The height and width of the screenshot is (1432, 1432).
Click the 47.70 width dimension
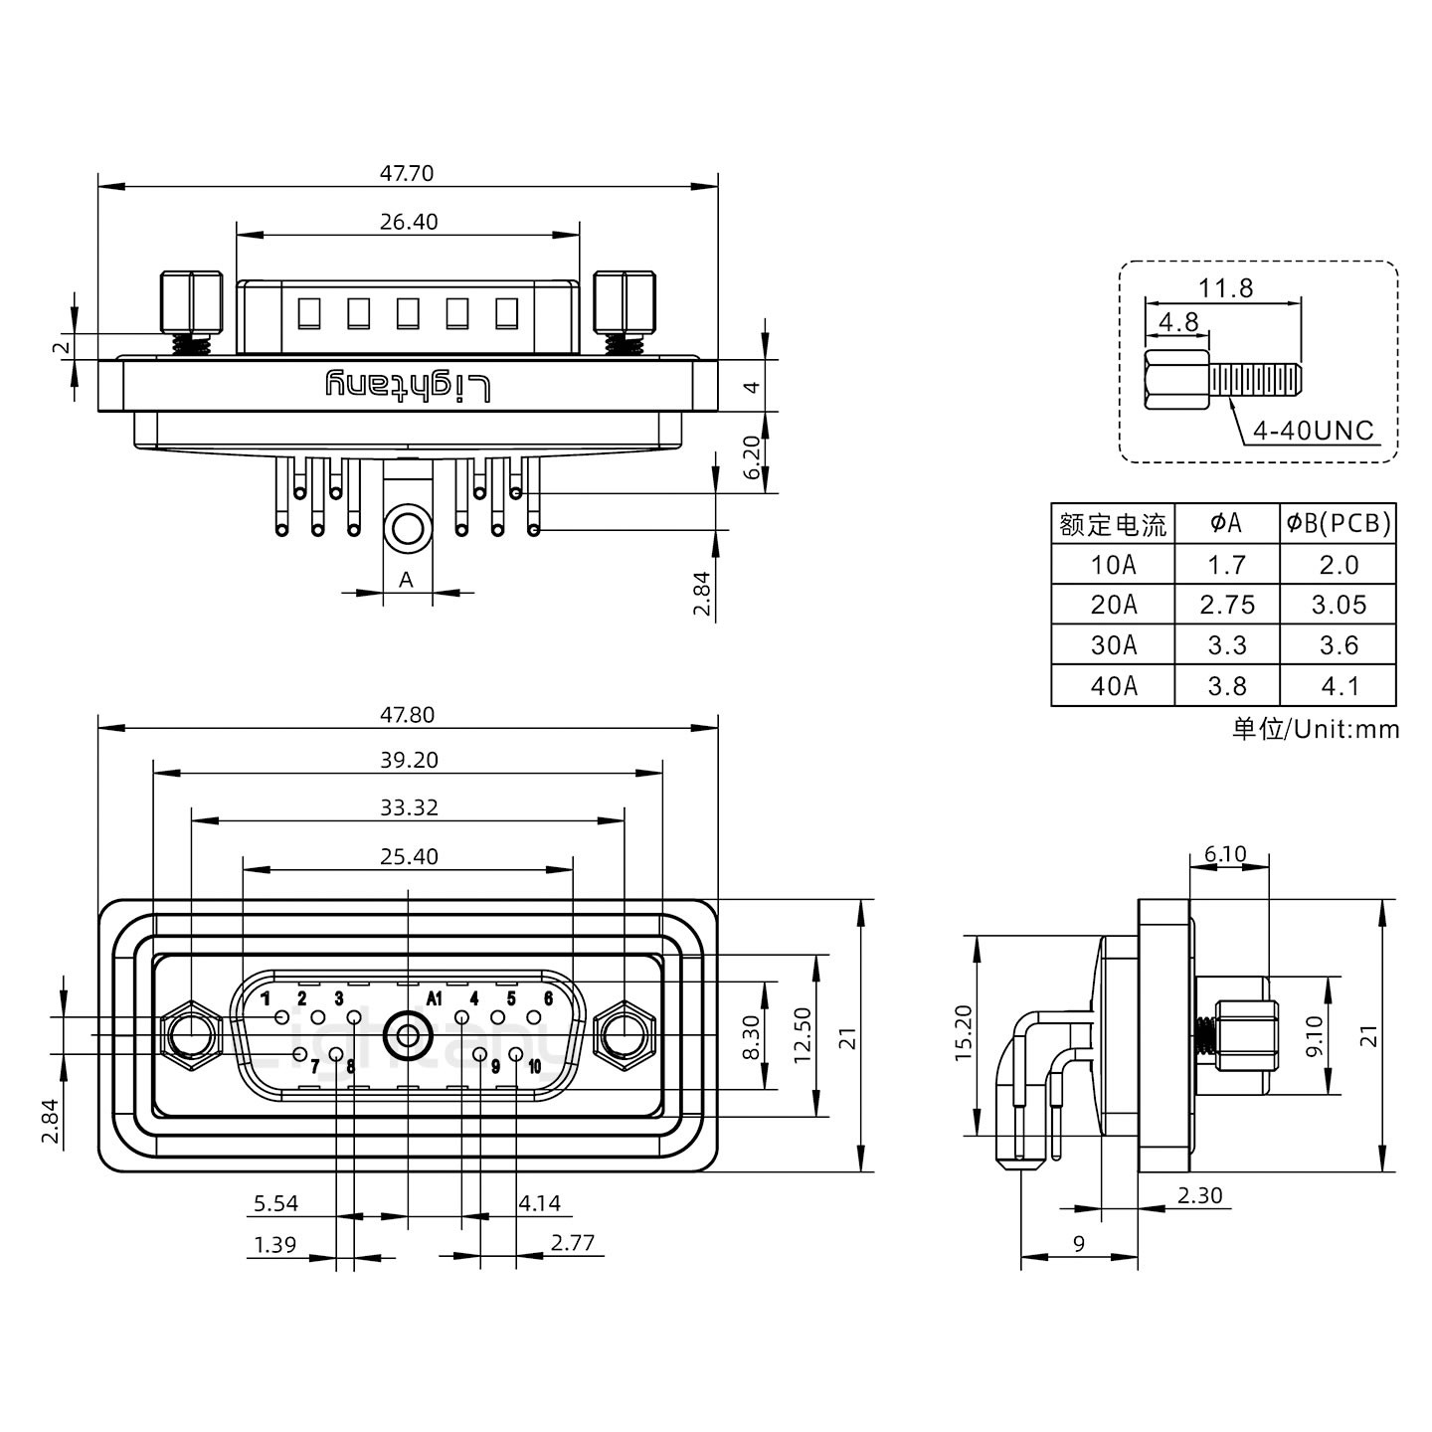point(406,173)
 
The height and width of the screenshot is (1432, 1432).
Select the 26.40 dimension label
point(408,222)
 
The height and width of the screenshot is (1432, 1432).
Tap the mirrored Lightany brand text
point(408,385)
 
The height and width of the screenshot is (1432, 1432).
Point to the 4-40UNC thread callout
point(1313,431)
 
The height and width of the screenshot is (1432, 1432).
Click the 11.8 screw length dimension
point(1225,288)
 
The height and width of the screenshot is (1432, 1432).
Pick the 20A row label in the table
point(1113,605)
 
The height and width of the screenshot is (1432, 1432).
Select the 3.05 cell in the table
point(1338,605)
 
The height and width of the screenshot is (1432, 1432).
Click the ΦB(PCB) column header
point(1338,523)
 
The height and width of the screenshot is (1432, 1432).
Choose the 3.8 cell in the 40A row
point(1226,686)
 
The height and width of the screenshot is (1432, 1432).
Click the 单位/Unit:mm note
point(1316,729)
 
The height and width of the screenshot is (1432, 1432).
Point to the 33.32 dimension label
point(408,807)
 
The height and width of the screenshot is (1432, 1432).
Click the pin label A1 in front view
point(434,997)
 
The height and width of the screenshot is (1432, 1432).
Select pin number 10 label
point(534,1067)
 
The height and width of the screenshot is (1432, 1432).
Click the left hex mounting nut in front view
point(190,1036)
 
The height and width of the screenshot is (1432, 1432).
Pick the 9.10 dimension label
point(1314,1036)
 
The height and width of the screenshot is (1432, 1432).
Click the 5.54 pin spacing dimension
point(275,1203)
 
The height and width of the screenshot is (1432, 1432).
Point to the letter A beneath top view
point(406,579)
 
